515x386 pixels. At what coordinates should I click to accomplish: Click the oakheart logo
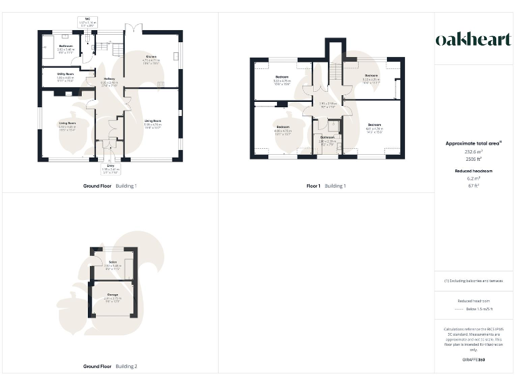(x=473, y=40)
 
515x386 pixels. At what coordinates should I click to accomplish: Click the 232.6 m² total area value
(x=473, y=152)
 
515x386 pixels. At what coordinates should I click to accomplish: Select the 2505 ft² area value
(x=473, y=159)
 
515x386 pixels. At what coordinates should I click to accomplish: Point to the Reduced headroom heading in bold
(x=473, y=171)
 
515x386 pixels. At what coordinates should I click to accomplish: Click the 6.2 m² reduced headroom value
(x=473, y=179)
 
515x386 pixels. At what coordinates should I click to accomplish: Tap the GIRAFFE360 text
(x=473, y=360)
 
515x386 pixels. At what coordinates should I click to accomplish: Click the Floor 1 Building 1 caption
(x=326, y=186)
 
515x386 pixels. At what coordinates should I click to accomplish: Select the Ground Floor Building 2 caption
(x=110, y=367)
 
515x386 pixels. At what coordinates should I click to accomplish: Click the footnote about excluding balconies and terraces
(x=473, y=281)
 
